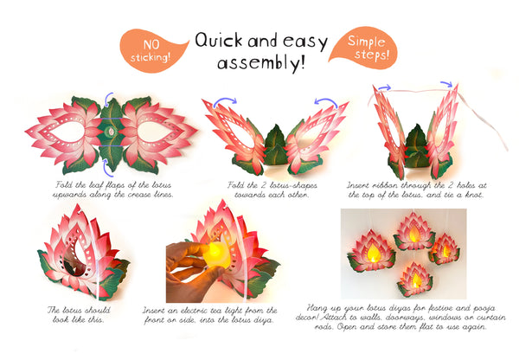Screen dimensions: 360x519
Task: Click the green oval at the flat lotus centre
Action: (x=110, y=132)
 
